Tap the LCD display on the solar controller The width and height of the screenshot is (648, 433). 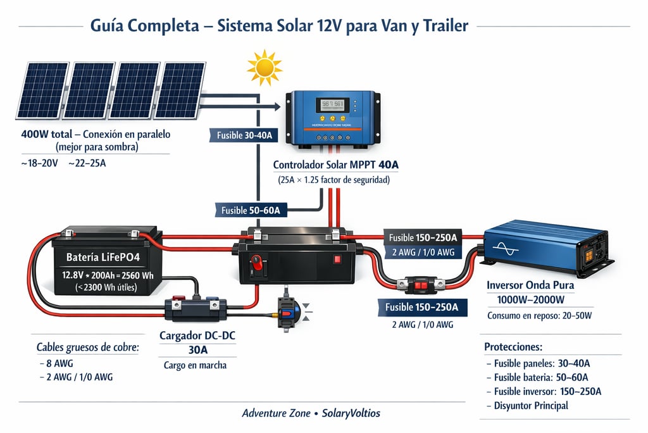[332, 104]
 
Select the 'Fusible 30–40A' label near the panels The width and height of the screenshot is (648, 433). [244, 135]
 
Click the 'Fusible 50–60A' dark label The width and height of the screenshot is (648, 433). [251, 210]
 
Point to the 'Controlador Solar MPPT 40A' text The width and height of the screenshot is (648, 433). [336, 165]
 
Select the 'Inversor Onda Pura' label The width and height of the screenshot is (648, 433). [530, 285]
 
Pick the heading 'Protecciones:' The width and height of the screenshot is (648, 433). [513, 347]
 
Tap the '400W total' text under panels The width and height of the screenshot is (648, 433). [45, 134]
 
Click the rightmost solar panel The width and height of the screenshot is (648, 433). [180, 89]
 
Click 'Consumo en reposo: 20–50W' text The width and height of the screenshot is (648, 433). [541, 315]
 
